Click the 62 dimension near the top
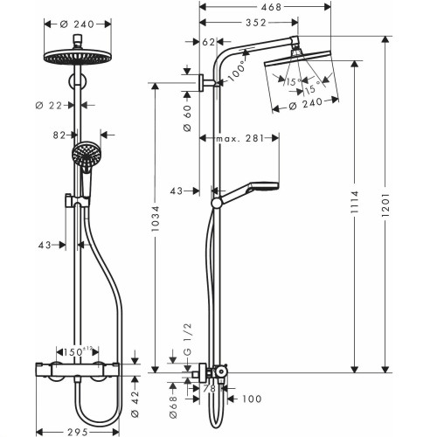click(209, 41)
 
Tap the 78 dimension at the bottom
click(209, 388)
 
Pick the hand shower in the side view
click(260, 186)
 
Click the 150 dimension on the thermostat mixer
click(80, 351)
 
